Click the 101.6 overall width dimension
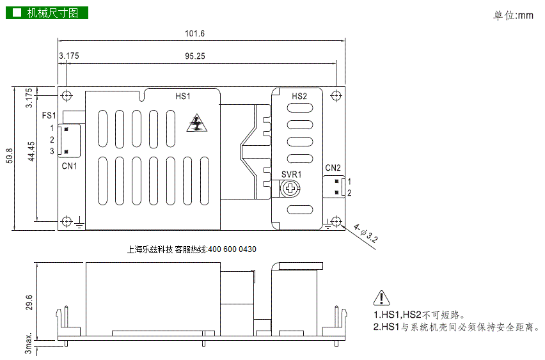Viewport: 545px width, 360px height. click(x=194, y=33)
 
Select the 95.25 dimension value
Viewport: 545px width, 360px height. click(x=195, y=56)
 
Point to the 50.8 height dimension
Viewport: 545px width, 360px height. click(x=10, y=155)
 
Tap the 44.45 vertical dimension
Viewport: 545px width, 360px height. click(x=31, y=152)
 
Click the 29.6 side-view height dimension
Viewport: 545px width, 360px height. click(x=29, y=302)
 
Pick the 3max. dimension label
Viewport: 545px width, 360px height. click(x=28, y=343)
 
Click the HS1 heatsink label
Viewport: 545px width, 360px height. click(x=183, y=97)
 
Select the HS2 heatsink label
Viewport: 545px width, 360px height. click(x=299, y=97)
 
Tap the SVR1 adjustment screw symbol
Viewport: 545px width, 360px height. click(x=290, y=189)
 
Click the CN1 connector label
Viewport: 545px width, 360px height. click(x=69, y=166)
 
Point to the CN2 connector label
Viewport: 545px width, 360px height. click(x=333, y=168)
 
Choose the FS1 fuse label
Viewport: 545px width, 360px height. click(x=49, y=115)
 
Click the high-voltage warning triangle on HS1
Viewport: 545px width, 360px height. click(x=197, y=123)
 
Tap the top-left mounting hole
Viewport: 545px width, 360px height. click(x=67, y=95)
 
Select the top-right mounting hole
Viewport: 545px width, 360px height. click(x=336, y=95)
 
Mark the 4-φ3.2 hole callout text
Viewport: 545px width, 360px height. click(x=365, y=233)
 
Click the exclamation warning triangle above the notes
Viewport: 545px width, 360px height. click(x=381, y=298)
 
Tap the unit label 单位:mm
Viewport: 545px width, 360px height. click(x=513, y=15)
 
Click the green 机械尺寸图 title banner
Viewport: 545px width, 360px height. click(x=47, y=13)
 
